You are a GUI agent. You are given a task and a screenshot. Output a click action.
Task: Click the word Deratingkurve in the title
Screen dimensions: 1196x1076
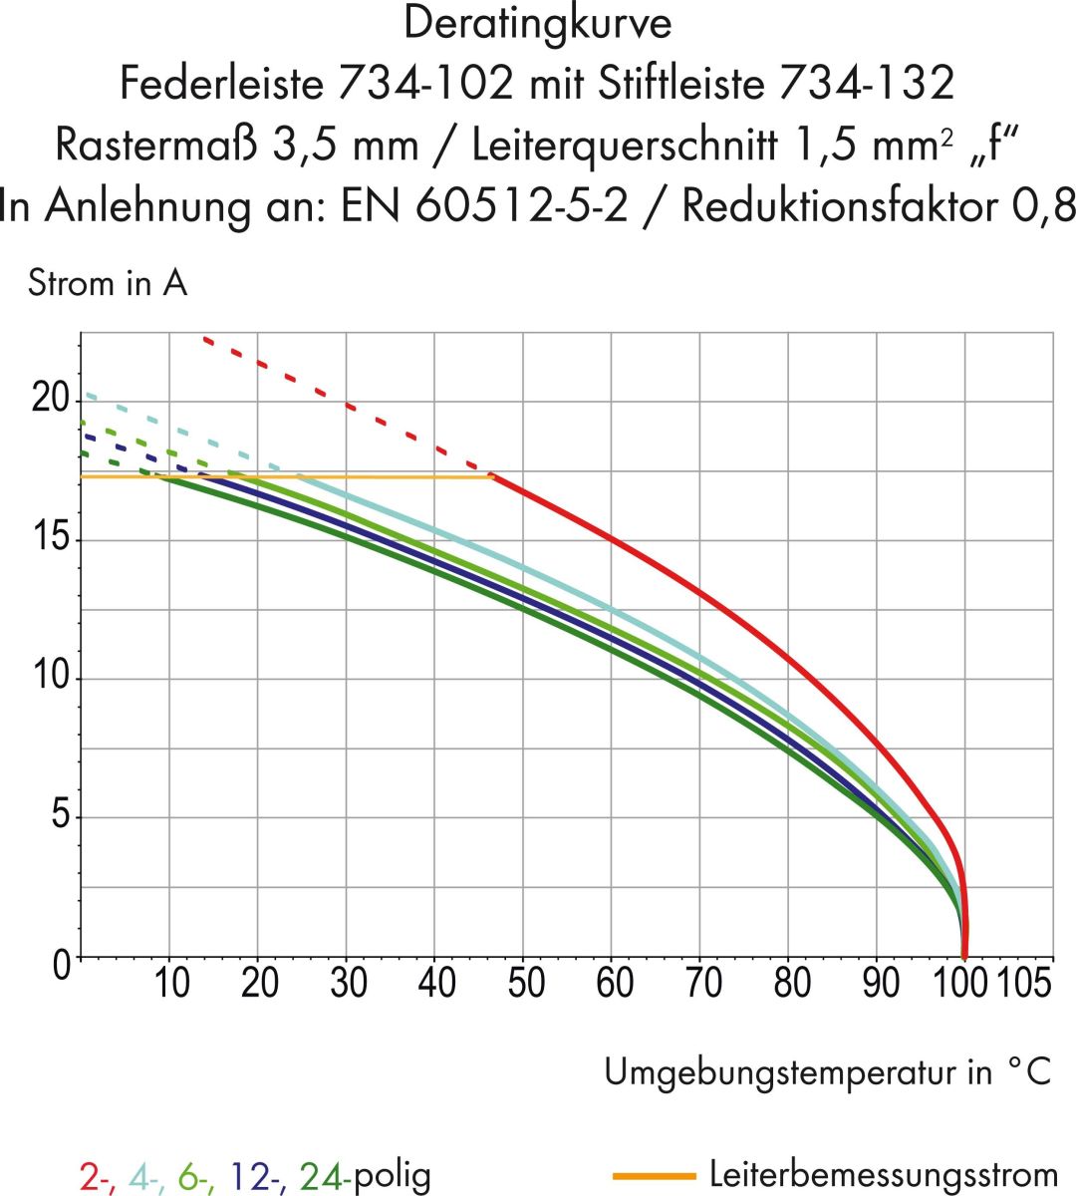(x=537, y=24)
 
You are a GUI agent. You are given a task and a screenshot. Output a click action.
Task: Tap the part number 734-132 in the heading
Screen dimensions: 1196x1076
(x=866, y=84)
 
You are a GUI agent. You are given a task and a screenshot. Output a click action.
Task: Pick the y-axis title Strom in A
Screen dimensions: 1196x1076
(x=108, y=284)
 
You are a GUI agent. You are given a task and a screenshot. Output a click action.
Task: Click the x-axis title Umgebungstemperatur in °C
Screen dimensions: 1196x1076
(x=827, y=1072)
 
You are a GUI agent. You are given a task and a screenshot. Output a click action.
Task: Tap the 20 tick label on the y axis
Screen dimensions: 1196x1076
(x=51, y=400)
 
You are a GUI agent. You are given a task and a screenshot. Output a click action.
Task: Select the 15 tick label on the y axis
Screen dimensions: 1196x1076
(x=51, y=539)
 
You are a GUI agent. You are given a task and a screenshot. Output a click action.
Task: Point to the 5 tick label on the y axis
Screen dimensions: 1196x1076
(x=62, y=816)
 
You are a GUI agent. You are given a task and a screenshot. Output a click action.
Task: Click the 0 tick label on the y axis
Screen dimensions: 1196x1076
(x=62, y=964)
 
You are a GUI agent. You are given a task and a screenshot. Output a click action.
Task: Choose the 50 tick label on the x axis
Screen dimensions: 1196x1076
(x=525, y=984)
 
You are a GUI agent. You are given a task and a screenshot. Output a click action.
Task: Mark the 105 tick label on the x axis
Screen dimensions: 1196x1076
(x=1024, y=984)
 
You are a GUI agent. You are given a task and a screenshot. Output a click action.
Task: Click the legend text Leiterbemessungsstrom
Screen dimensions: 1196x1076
(x=883, y=1175)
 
